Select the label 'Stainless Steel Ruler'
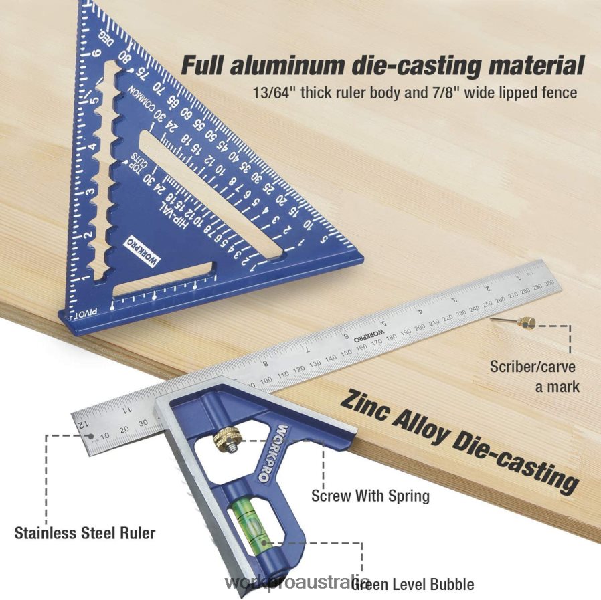[x=85, y=533]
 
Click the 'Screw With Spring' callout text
[x=370, y=496]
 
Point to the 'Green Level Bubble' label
[x=413, y=584]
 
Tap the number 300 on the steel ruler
[x=547, y=284]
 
